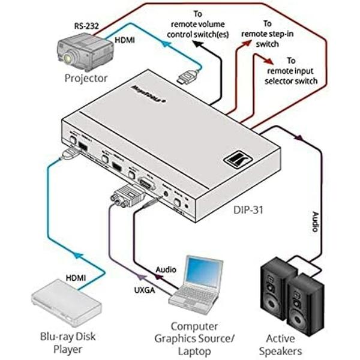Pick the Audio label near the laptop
pos(167,271)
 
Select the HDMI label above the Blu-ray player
pos(74,278)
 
